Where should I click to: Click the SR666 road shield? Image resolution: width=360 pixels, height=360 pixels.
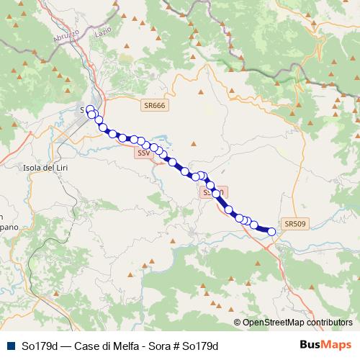[x=154, y=105]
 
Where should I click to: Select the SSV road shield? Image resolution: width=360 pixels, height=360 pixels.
[x=143, y=153]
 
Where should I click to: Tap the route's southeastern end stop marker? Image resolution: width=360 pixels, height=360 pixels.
[x=271, y=231]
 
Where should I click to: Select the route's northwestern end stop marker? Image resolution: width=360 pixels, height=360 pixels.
[x=90, y=109]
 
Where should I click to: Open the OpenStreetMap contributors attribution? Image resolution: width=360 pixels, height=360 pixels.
[x=296, y=323]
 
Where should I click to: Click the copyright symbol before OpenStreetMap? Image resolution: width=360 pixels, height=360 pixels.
[x=238, y=323]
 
